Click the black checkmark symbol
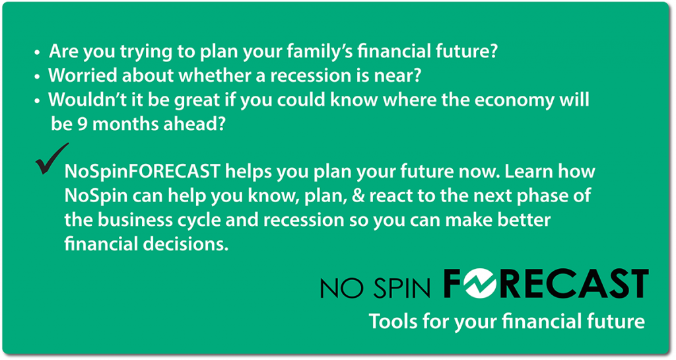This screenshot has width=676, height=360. point(51,159)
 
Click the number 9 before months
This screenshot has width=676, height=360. point(83,124)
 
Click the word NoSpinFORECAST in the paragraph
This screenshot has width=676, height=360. point(143,172)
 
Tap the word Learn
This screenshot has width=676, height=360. point(529,172)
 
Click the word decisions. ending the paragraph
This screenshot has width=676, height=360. point(186,244)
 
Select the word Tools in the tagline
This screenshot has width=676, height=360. point(393,322)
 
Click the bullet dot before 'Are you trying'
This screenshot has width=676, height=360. point(38,53)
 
